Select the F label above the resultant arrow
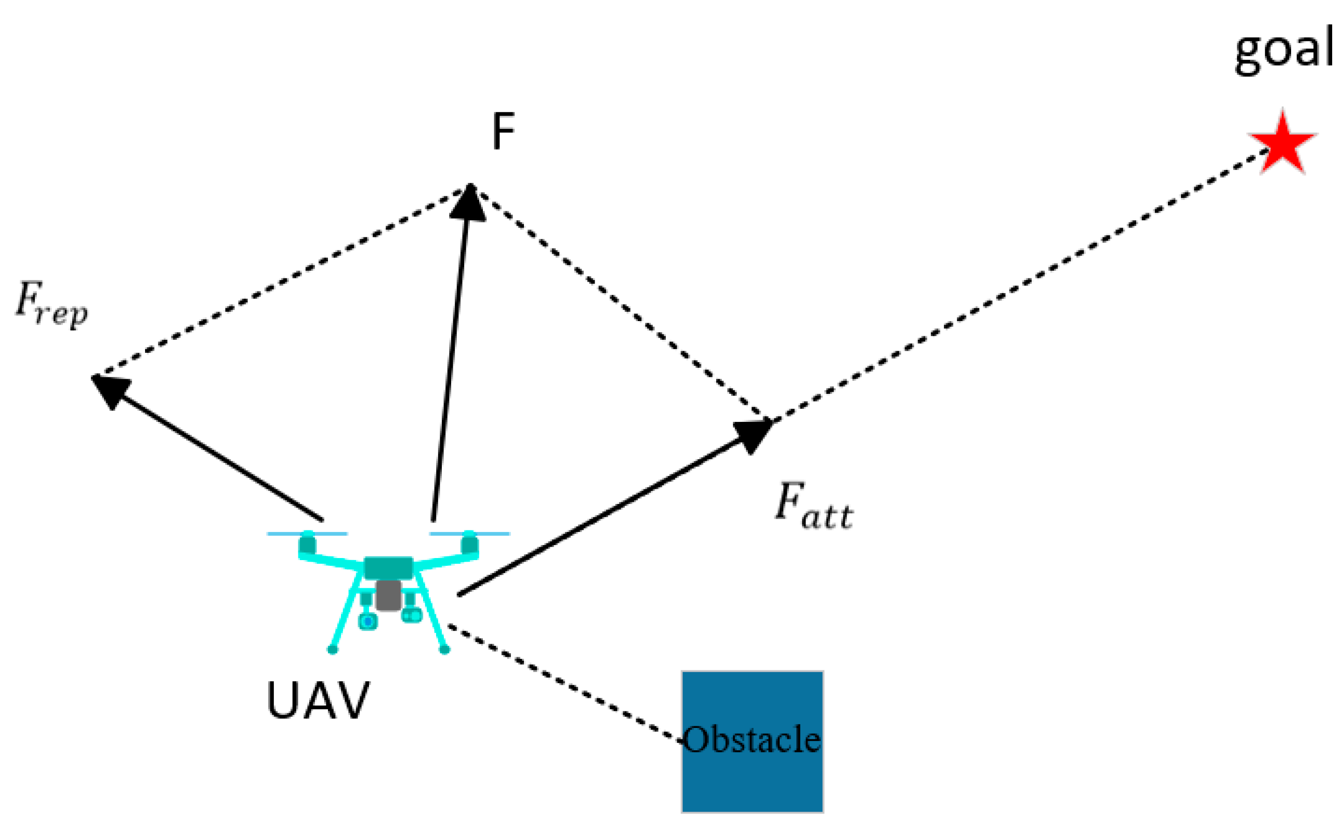pyautogui.click(x=503, y=131)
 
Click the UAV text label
pyautogui.click(x=318, y=701)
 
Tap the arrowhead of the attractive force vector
pyautogui.click(x=753, y=435)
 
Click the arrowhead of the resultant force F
pyautogui.click(x=468, y=202)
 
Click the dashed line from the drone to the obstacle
pyautogui.click(x=564, y=682)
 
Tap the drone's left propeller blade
pyautogui.click(x=307, y=534)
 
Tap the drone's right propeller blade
pyautogui.click(x=469, y=534)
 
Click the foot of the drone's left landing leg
pyautogui.click(x=332, y=649)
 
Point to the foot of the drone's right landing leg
pyautogui.click(x=444, y=649)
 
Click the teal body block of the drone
pyautogui.click(x=388, y=568)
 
